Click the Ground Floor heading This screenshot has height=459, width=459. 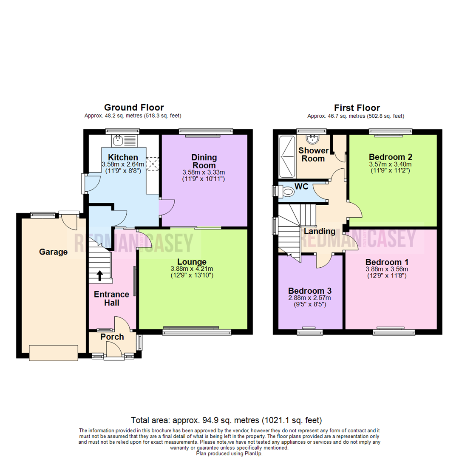tap(134, 108)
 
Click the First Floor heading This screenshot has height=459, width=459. tap(357, 108)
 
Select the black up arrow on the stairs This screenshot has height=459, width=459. tap(100, 276)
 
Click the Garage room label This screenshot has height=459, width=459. tap(53, 252)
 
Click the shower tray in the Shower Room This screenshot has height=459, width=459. tap(286, 157)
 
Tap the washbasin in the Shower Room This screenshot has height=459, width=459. tap(314, 139)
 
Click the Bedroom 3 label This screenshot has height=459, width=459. tap(309, 291)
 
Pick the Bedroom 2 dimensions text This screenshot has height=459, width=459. tap(390, 167)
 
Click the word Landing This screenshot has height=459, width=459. tap(319, 232)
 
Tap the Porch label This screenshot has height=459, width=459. tap(112, 337)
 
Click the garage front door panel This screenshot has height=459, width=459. tap(54, 353)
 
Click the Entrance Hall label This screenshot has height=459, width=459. tap(111, 298)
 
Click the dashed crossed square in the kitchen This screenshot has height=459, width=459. tap(152, 164)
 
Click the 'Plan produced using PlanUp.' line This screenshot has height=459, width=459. tap(229, 453)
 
